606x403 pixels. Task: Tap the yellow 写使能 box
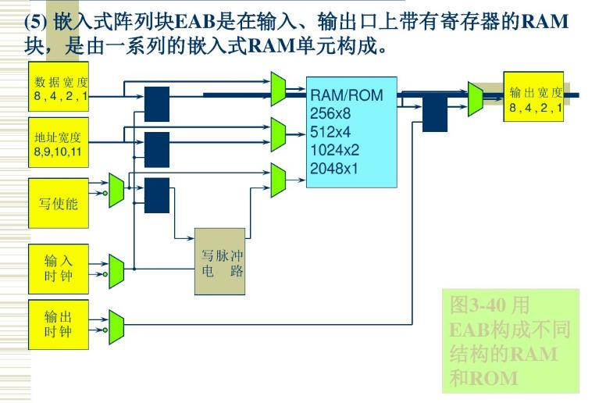59,204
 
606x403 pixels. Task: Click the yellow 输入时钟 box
59,268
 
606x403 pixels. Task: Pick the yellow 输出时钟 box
59,324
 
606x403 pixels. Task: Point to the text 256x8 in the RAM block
330,113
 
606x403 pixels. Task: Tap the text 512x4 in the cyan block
330,131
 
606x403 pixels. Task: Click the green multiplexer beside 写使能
116,190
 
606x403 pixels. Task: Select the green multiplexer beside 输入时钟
116,269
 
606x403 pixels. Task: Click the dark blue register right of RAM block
434,115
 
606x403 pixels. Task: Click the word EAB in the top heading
198,21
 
